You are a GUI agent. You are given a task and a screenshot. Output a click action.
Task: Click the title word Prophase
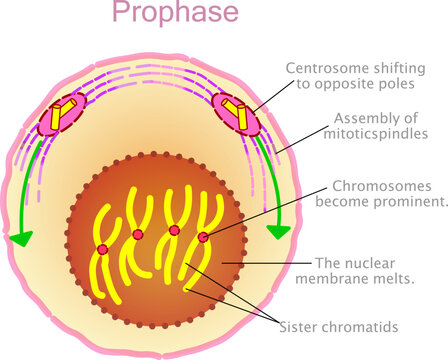(x=175, y=13)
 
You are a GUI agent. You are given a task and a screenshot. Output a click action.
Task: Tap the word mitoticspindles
(x=372, y=133)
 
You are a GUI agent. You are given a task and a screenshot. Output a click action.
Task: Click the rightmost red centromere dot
(x=203, y=237)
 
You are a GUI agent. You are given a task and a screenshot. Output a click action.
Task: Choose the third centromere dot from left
(x=174, y=230)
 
